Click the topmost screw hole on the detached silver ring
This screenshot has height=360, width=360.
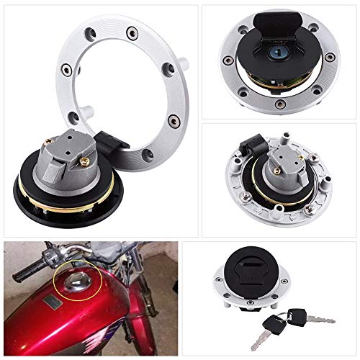tap(132, 32)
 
